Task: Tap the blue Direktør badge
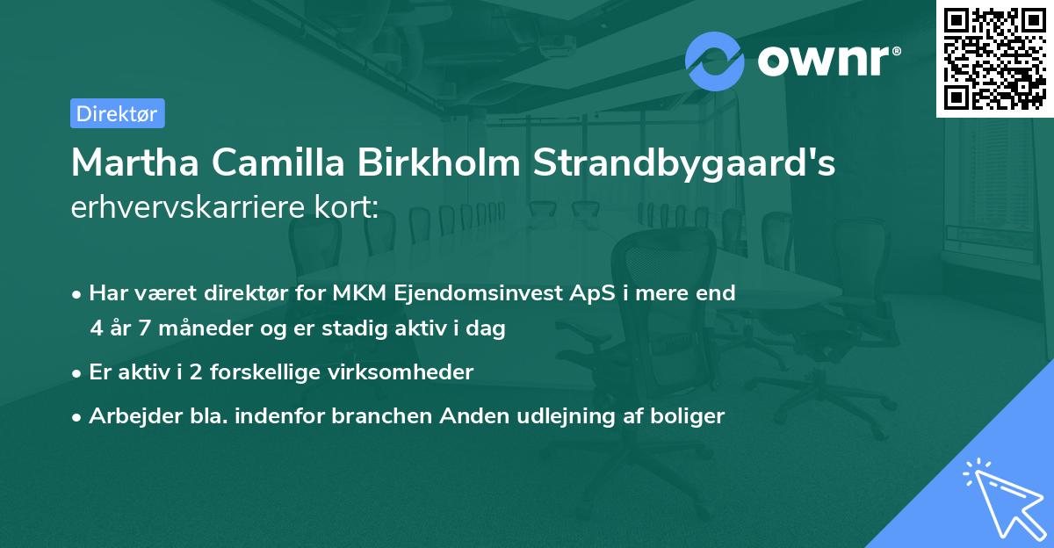pyautogui.click(x=117, y=113)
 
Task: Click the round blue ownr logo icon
pyautogui.click(x=715, y=61)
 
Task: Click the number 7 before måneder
pyautogui.click(x=146, y=328)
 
